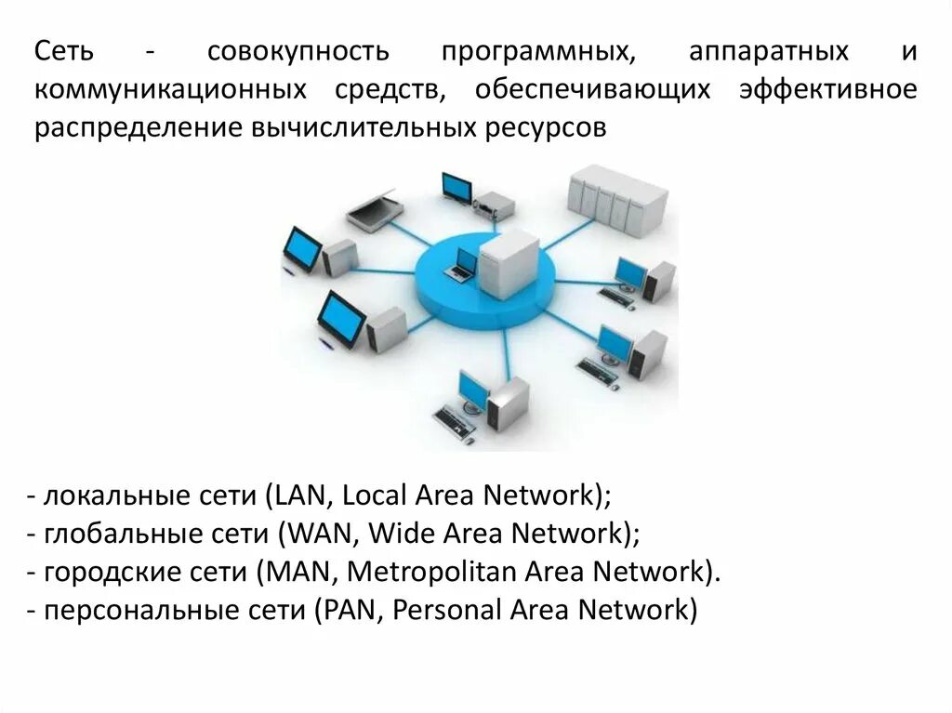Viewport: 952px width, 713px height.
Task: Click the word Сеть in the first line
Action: coord(64,51)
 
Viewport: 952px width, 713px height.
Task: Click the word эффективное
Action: coord(828,89)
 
